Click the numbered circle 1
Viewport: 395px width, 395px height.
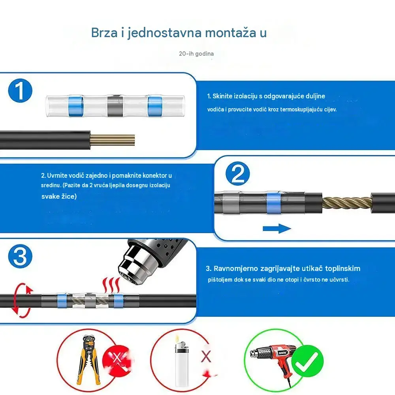coord(20,91)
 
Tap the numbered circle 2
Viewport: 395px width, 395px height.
coord(237,173)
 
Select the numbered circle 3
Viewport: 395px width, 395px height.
coord(20,256)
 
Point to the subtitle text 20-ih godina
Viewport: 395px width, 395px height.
coord(196,54)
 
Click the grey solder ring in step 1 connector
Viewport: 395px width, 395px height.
coord(115,106)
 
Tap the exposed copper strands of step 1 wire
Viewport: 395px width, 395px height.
coord(113,140)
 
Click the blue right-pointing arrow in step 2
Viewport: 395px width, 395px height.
coord(277,228)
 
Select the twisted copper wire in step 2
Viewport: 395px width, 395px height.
coord(347,203)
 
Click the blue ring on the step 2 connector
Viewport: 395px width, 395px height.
coord(274,203)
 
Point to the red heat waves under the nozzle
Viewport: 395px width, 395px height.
coord(111,285)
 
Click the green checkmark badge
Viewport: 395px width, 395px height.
coord(307,362)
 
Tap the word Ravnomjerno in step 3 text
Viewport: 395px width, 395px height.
coord(236,269)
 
